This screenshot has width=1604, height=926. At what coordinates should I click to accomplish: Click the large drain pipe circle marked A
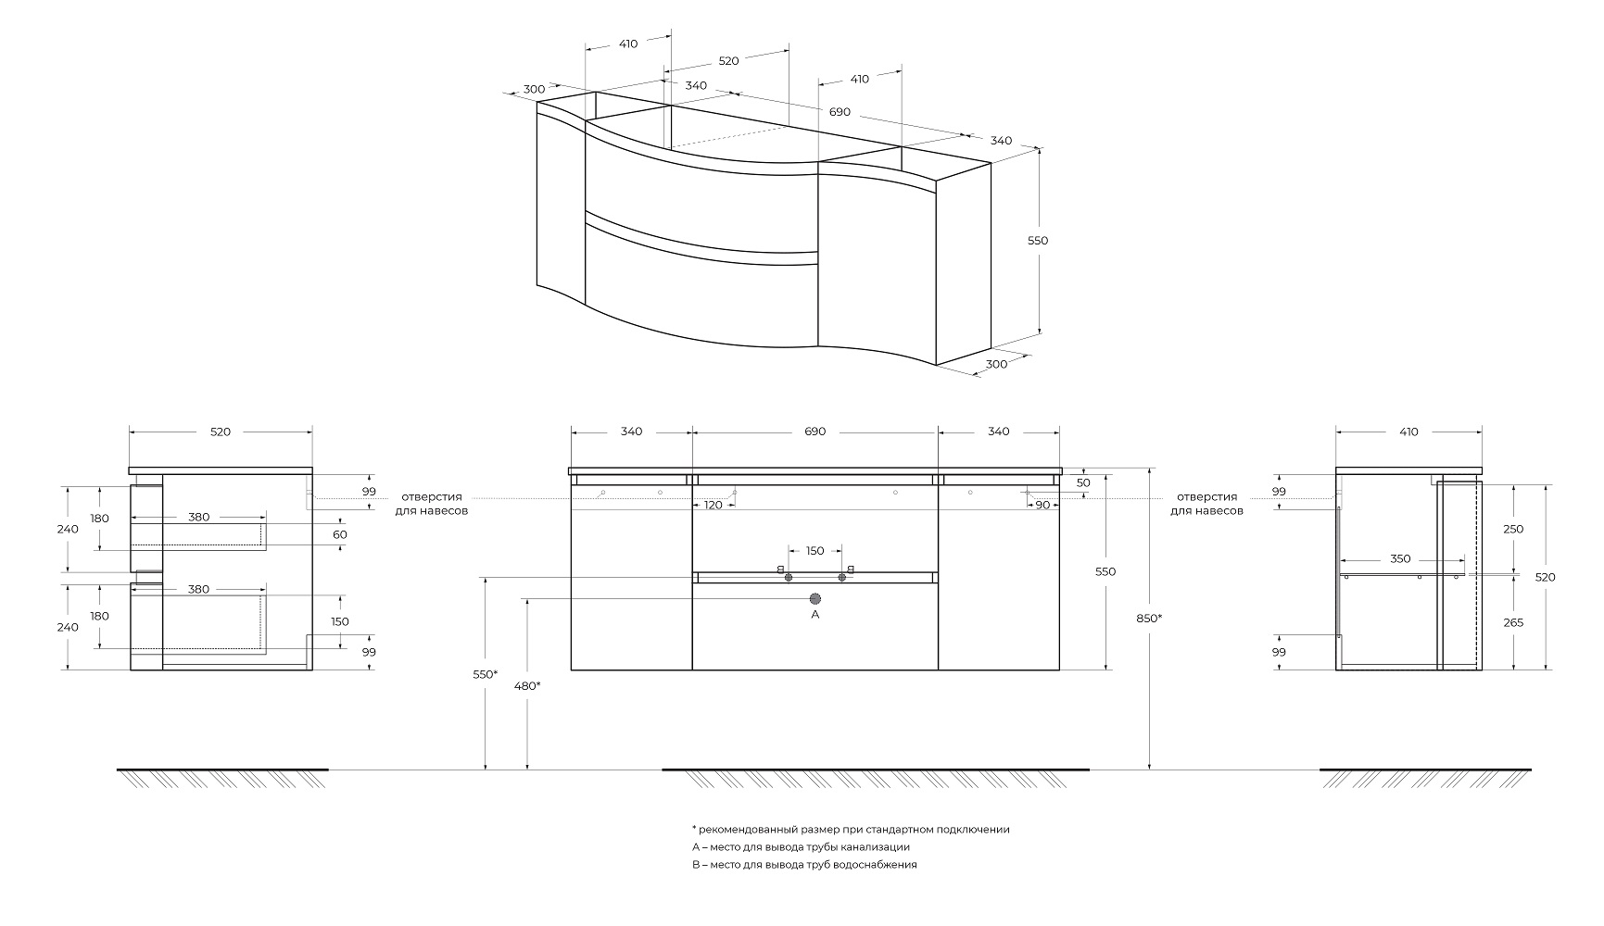point(815,599)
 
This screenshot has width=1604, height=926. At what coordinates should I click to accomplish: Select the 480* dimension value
point(528,685)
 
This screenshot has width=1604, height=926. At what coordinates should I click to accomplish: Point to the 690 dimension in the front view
point(815,432)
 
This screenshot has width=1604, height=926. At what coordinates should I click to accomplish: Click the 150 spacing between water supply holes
point(815,551)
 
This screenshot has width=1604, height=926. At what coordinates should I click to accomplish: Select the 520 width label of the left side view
point(221,432)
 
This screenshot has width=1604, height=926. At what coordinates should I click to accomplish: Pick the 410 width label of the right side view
point(1408,432)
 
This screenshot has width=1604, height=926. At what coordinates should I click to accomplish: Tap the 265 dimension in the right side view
point(1513,622)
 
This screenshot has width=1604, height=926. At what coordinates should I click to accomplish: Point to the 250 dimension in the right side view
point(1513,529)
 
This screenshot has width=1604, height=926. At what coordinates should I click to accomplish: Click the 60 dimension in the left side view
point(340,534)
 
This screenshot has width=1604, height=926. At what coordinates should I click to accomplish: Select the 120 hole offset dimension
point(713,505)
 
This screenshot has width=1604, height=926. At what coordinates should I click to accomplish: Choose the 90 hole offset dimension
point(1042,505)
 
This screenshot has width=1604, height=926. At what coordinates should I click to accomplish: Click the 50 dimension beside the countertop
point(1083,482)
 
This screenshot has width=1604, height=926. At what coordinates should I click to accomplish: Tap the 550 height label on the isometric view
point(1038,241)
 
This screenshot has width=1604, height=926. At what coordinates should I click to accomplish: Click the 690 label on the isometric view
point(839,112)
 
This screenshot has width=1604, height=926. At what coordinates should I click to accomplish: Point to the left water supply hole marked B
point(789,577)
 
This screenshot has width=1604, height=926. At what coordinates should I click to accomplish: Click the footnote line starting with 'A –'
point(801,846)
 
